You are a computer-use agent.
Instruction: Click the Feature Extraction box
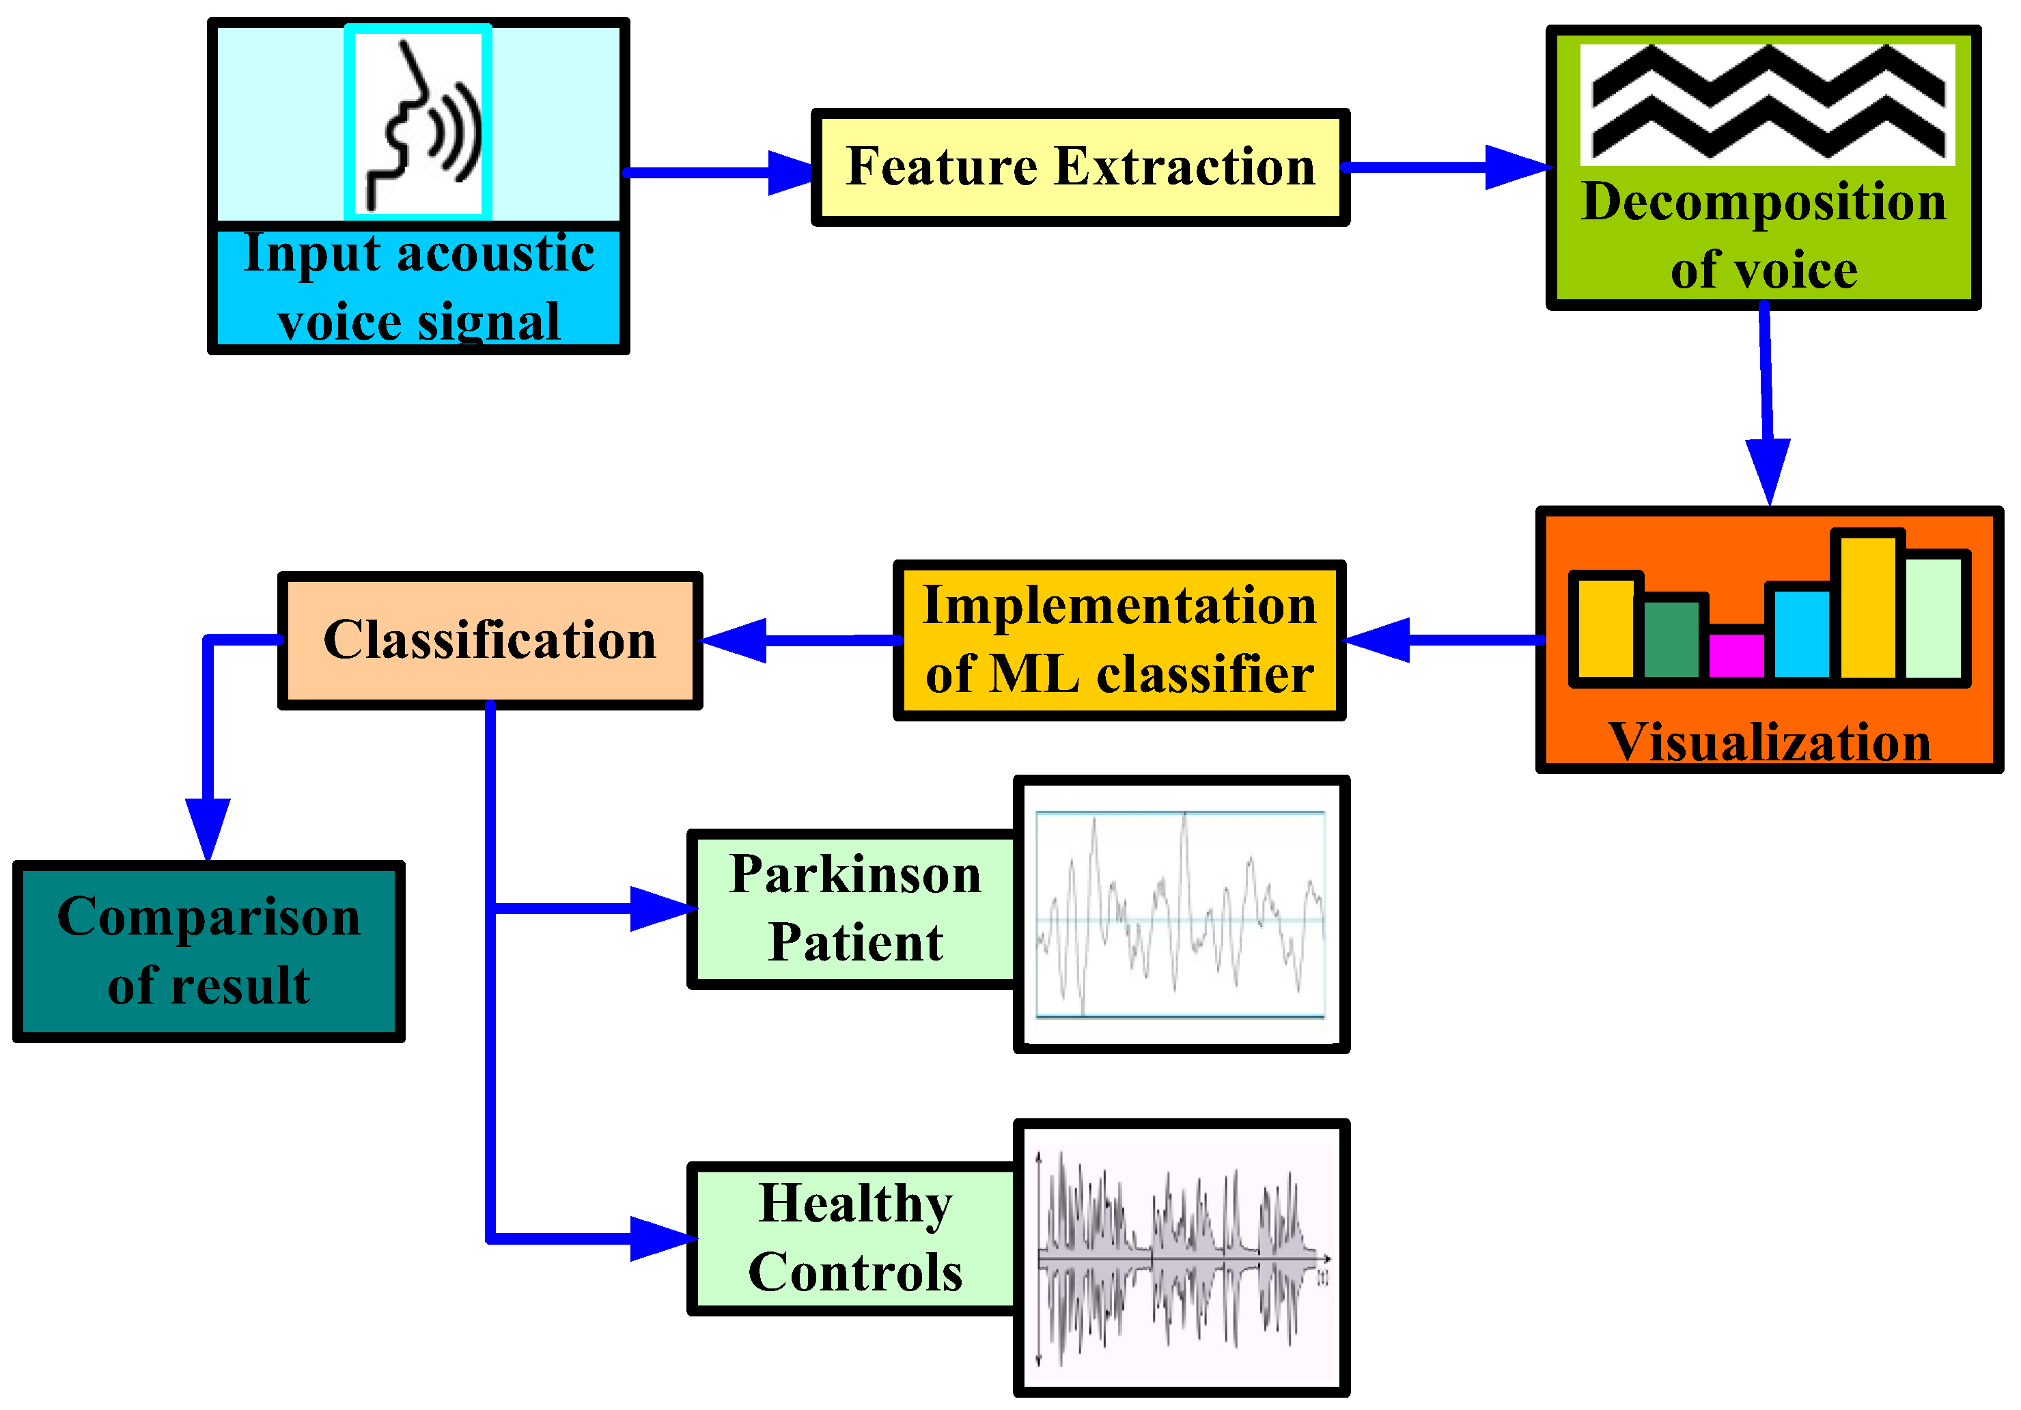pos(1079,167)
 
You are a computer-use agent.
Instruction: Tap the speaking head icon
pos(417,122)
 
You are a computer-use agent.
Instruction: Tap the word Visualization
pos(1769,742)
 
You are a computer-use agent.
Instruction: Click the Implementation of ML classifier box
pos(1119,640)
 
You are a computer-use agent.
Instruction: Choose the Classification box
pos(490,640)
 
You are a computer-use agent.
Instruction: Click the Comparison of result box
pos(208,950)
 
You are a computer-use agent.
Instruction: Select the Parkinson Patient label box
pos(854,909)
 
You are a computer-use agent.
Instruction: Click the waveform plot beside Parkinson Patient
pos(1180,913)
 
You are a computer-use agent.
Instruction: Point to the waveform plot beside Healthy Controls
pos(1180,1257)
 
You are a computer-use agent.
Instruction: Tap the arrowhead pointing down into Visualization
pos(1768,471)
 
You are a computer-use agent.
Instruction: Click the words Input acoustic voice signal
pos(418,288)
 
